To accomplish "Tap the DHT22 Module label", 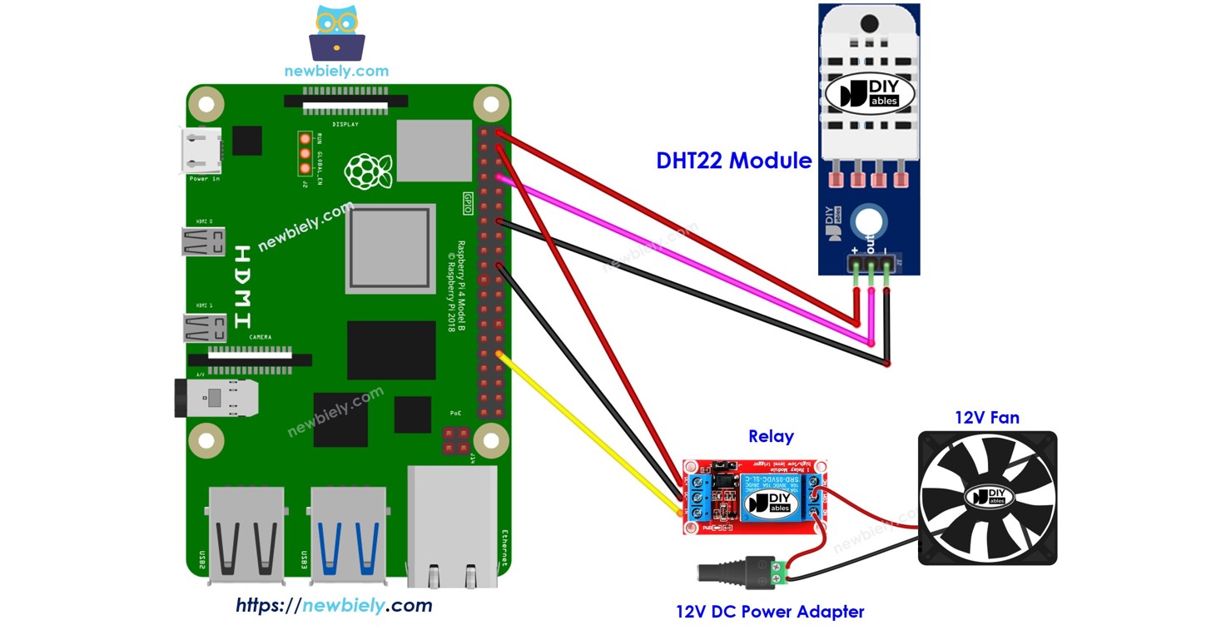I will pos(733,161).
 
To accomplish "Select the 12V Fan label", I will pos(986,418).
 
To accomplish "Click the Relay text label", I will pos(771,436).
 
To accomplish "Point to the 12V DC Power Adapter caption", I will pos(770,613).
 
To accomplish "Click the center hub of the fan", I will pos(987,498).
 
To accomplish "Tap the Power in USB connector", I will pos(202,151).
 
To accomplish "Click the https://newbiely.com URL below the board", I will pos(334,605).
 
